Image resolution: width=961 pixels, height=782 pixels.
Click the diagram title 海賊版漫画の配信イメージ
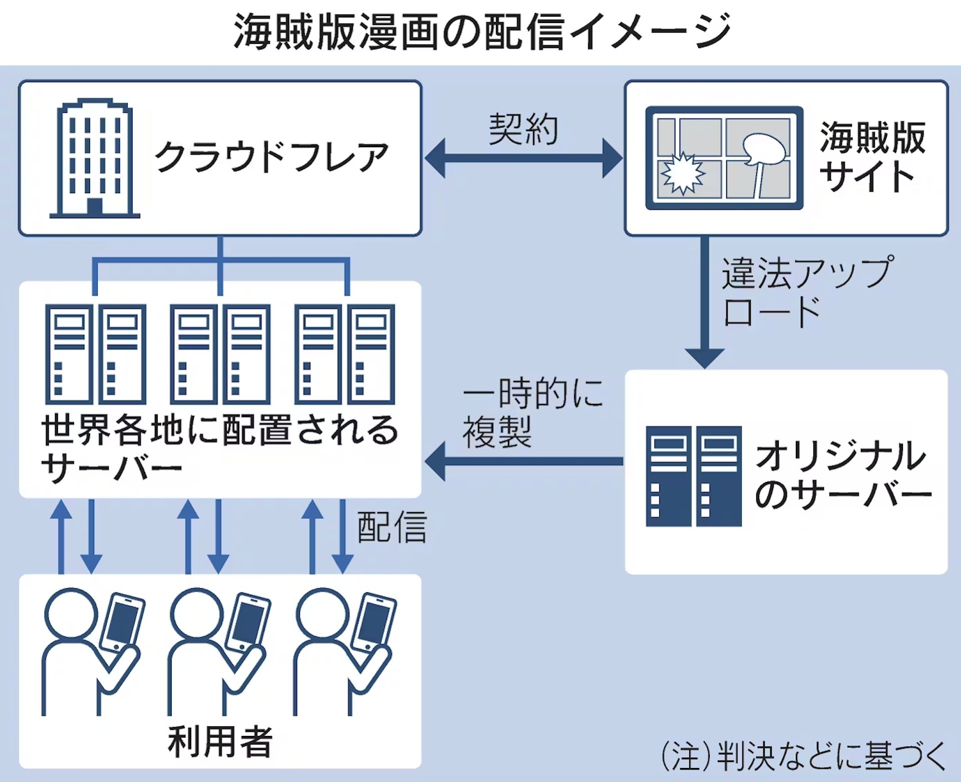(x=482, y=31)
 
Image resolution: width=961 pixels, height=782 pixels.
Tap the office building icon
(x=94, y=158)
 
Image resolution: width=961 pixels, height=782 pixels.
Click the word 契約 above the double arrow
(x=524, y=129)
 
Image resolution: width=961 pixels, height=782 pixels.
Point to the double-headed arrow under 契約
(x=524, y=158)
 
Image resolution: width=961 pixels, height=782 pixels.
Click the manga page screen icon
(x=724, y=157)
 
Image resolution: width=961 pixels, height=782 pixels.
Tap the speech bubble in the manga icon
(x=763, y=149)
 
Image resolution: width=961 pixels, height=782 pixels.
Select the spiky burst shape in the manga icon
(x=683, y=173)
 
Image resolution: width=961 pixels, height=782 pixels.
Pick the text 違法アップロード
(x=806, y=291)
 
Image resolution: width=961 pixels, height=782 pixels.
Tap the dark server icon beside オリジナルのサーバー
(x=693, y=476)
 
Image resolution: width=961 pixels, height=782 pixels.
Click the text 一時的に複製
(x=533, y=413)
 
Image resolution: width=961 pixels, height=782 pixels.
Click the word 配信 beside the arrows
(x=391, y=527)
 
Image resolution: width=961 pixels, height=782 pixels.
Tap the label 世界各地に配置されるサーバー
(x=219, y=448)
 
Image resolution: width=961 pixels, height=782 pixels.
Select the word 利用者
(x=220, y=741)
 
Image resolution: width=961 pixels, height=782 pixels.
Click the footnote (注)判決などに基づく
(x=803, y=755)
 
